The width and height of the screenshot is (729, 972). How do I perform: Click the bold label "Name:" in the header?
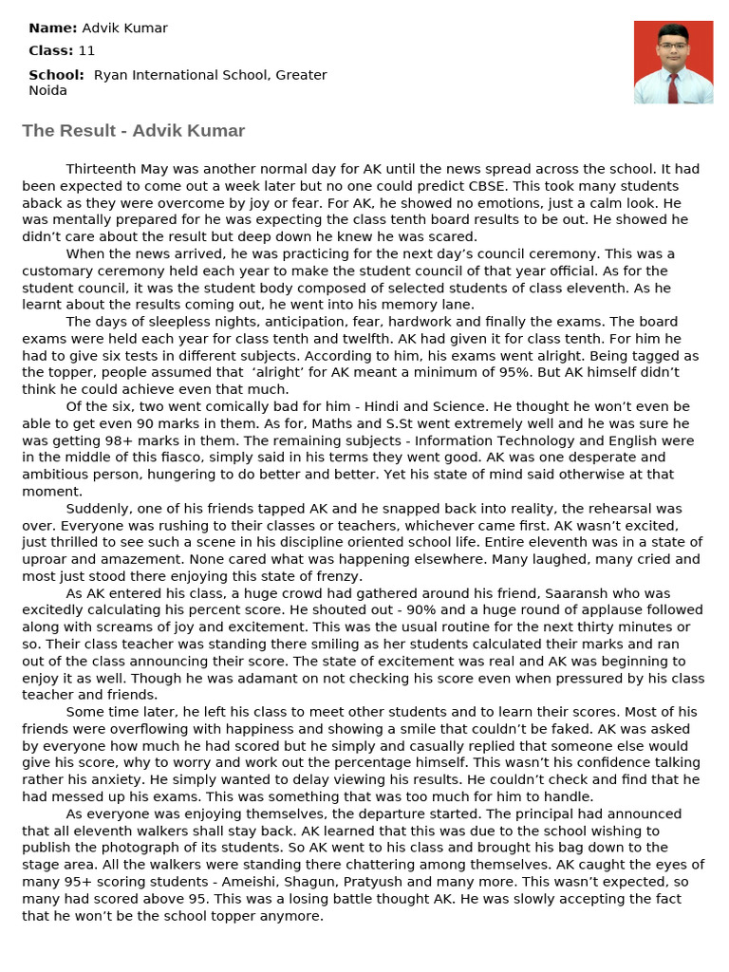coord(53,28)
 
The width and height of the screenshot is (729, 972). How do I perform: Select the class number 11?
coord(87,51)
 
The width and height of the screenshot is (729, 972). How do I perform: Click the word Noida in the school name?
coord(48,90)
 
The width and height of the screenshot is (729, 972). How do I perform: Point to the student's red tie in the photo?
coord(673,87)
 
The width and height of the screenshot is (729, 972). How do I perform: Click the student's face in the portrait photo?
coord(673,47)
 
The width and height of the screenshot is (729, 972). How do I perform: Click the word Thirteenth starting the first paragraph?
coord(101,169)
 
